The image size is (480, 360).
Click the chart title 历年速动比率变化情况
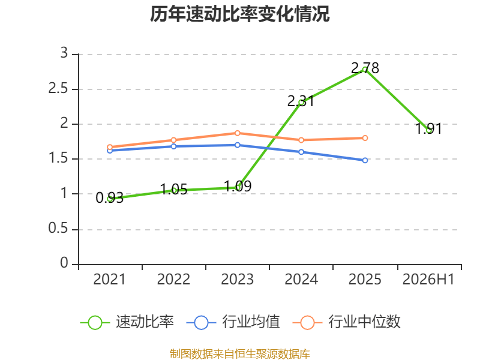[x=239, y=14]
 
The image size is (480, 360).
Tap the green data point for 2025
[x=365, y=70]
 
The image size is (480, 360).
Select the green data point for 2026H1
[x=429, y=130]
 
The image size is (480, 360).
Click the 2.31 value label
[x=301, y=101]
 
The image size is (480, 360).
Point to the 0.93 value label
[x=109, y=197]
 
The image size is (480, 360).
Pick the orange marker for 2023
[x=237, y=133]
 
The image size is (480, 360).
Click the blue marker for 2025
[x=365, y=160]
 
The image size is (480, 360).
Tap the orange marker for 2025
[x=365, y=138]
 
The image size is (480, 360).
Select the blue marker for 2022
[x=173, y=146]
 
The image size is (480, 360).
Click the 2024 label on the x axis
[x=301, y=280]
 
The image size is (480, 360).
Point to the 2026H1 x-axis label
[x=428, y=280]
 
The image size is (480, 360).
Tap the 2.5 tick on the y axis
[x=58, y=89]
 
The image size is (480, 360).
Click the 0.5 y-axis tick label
[x=58, y=229]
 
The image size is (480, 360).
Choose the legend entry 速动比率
[x=127, y=322]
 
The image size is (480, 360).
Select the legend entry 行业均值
[x=233, y=322]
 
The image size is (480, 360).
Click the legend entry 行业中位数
[x=347, y=322]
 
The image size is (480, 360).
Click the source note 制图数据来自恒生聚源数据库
[x=239, y=354]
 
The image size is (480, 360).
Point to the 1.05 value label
[x=173, y=190]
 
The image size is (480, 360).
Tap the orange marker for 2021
[x=110, y=147]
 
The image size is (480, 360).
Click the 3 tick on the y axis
[x=64, y=53]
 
